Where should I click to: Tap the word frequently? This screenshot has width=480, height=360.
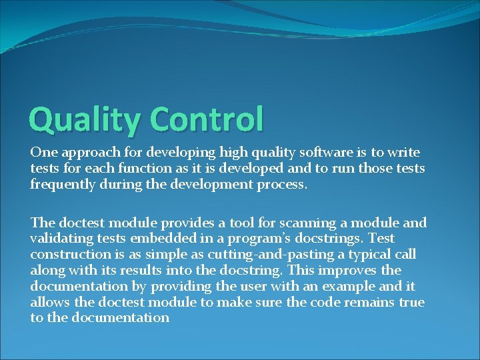63,184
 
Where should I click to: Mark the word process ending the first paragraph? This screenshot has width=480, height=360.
281,185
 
